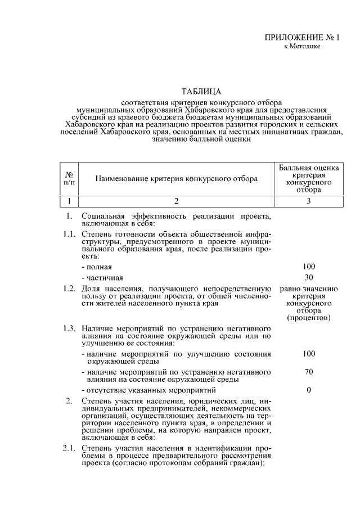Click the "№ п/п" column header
(69, 179)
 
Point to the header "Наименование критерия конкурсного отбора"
(176, 179)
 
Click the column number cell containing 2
(176, 201)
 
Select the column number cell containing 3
(308, 201)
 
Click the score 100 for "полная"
(308, 267)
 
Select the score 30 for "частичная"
(308, 277)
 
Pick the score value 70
(308, 372)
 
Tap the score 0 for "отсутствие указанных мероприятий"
(308, 390)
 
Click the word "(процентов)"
(308, 318)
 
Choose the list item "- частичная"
(102, 278)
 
